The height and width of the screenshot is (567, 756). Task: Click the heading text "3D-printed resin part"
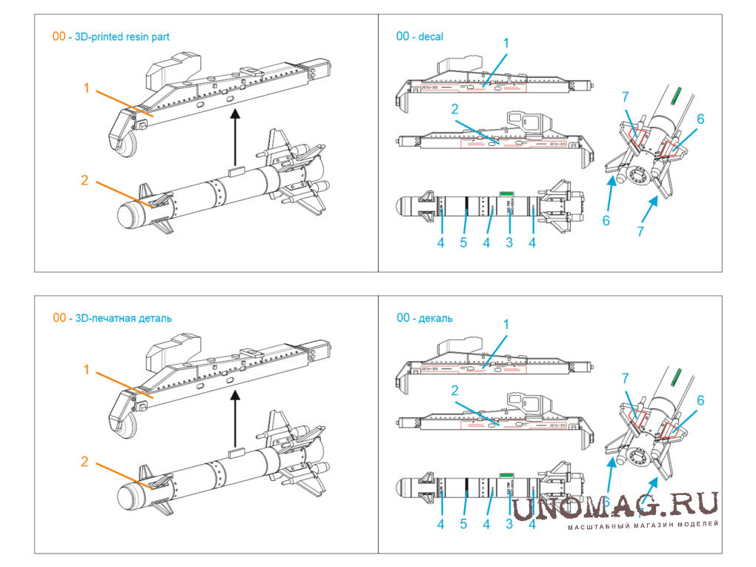(x=124, y=36)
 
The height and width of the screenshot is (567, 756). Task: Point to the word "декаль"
(x=436, y=318)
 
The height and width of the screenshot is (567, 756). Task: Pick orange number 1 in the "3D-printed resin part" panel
(x=87, y=88)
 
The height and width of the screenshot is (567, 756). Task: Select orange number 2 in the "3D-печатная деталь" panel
(x=84, y=461)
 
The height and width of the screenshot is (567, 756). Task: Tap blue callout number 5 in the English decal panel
(x=463, y=242)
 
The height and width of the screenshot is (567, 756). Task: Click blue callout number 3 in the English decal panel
(x=508, y=242)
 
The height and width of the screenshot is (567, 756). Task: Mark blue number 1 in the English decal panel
(x=506, y=44)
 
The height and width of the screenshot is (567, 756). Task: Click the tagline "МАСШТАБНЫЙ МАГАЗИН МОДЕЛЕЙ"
(x=643, y=525)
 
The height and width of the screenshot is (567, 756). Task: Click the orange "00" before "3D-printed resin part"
(x=59, y=36)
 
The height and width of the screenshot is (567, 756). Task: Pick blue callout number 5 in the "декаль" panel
(x=463, y=524)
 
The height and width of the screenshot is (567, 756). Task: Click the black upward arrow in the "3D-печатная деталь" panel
(x=234, y=418)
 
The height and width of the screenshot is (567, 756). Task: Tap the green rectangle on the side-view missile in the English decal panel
(x=507, y=193)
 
